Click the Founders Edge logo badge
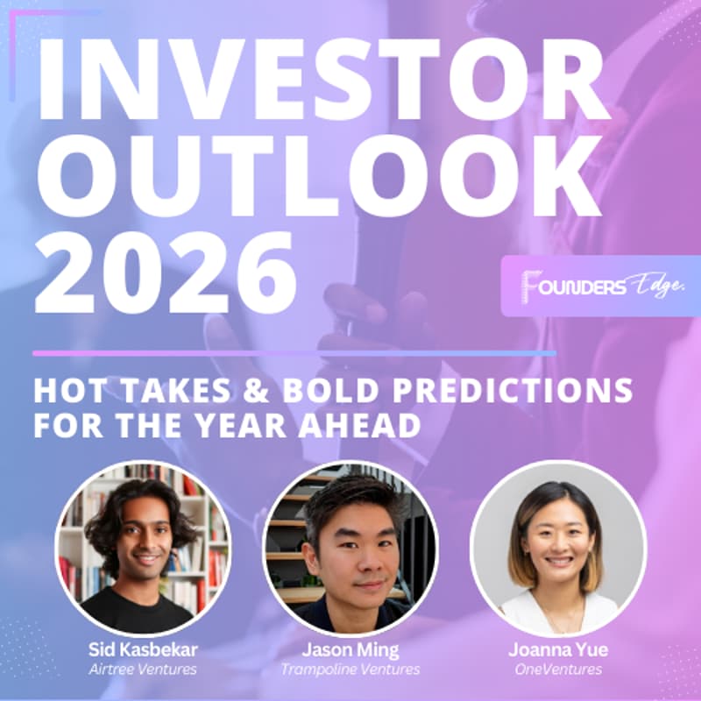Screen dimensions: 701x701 [600, 286]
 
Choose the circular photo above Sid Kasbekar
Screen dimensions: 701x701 [143, 548]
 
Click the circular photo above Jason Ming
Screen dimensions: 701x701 [350, 548]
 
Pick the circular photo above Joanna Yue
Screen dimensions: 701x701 [557, 548]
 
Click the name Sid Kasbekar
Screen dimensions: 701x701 [143, 650]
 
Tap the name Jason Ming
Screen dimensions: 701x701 [350, 650]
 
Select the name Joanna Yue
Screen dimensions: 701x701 [557, 650]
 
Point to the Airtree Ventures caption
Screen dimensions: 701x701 [143, 669]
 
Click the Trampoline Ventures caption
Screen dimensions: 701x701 [350, 669]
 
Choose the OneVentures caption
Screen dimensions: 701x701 [557, 669]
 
